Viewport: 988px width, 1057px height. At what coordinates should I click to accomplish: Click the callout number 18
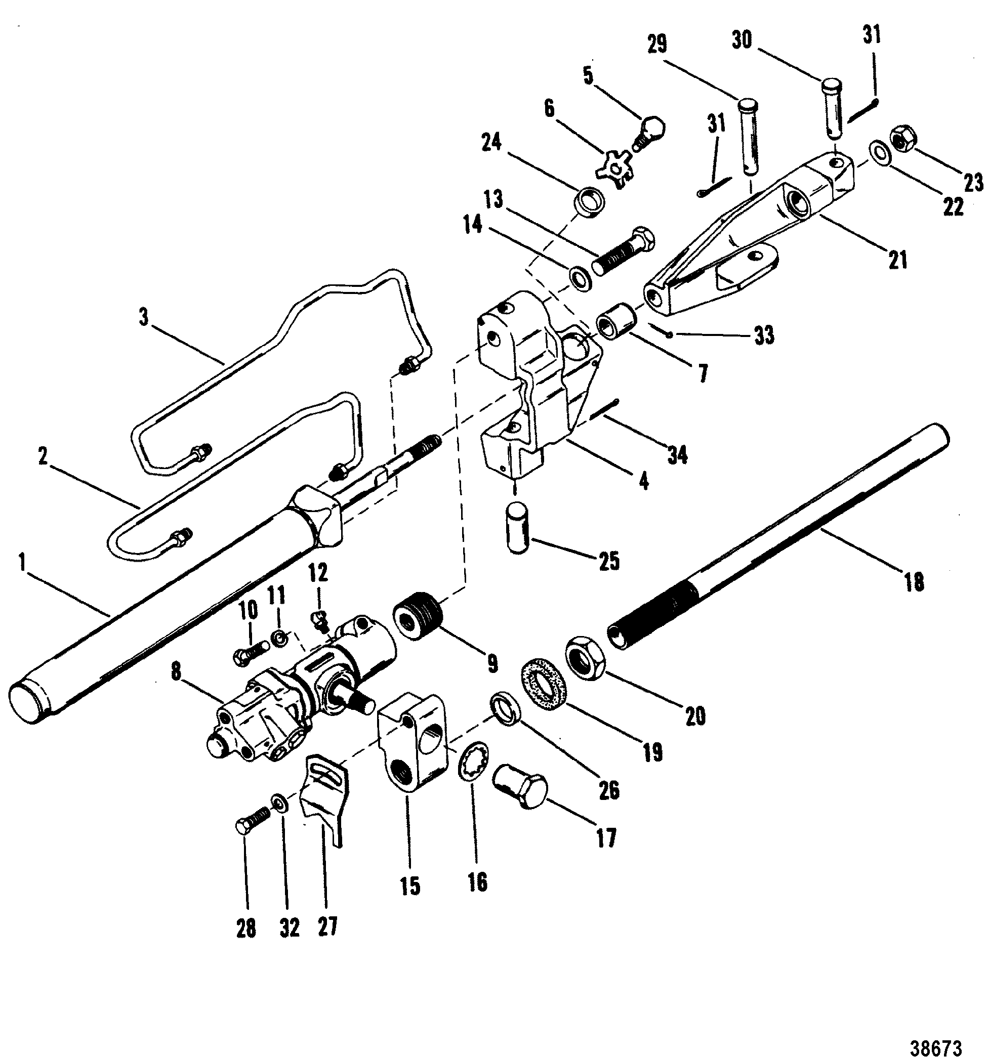[914, 582]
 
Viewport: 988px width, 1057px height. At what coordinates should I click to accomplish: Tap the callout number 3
[144, 317]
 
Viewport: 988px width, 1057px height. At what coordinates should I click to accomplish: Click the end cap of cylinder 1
[25, 703]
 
